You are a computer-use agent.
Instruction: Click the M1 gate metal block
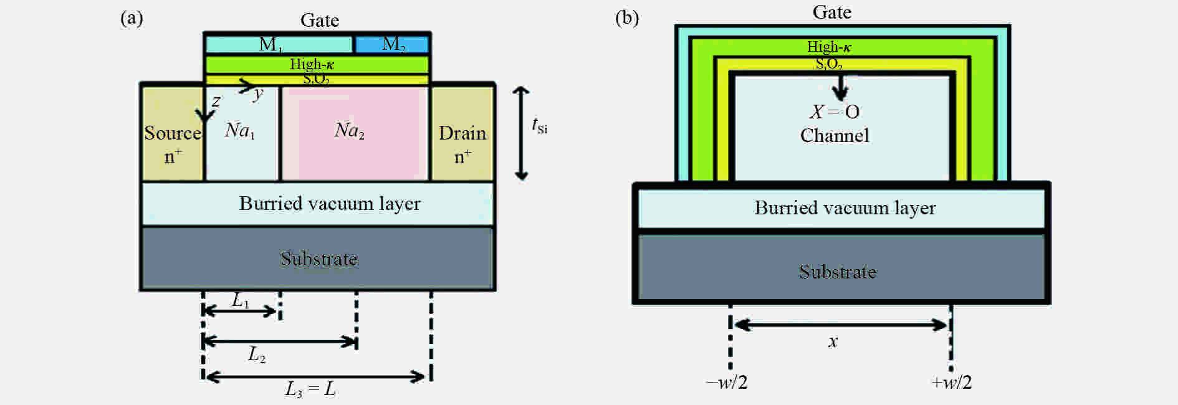(279, 44)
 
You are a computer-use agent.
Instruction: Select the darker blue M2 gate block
(392, 44)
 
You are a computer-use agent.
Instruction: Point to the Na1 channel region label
(240, 130)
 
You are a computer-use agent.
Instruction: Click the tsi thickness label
(540, 126)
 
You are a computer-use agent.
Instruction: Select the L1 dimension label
(241, 300)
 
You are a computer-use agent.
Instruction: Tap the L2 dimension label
(257, 355)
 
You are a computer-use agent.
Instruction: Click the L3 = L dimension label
(310, 389)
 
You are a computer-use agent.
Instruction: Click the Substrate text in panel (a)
(318, 259)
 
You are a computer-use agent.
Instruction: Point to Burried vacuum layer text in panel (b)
(845, 207)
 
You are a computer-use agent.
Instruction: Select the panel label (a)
(132, 18)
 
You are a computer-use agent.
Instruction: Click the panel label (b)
(627, 18)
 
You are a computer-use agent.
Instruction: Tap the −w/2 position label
(726, 383)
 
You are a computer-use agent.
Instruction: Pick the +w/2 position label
(951, 383)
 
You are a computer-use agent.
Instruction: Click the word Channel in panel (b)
(835, 135)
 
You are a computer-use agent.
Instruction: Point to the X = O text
(835, 112)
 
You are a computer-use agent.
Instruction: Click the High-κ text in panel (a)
(312, 64)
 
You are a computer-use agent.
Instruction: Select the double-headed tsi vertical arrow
(521, 133)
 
